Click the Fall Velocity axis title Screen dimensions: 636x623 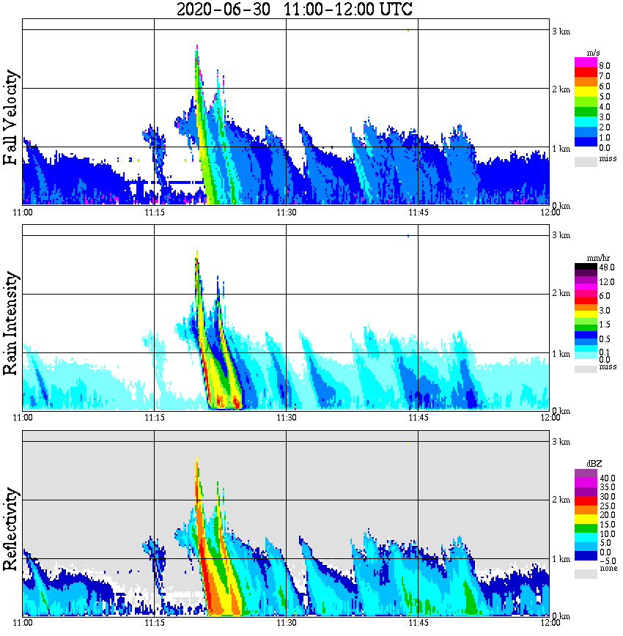(11, 118)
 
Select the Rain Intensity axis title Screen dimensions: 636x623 (11, 323)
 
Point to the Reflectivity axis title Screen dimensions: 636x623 (11, 530)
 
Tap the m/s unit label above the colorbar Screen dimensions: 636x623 (586, 53)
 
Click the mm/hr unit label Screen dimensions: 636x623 (586, 258)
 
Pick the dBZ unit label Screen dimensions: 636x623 (586, 464)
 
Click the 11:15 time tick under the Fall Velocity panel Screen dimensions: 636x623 (154, 212)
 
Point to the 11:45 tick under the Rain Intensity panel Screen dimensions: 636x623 (418, 418)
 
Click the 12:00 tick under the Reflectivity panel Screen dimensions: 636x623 (550, 623)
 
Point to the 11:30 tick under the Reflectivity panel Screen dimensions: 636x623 (286, 623)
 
